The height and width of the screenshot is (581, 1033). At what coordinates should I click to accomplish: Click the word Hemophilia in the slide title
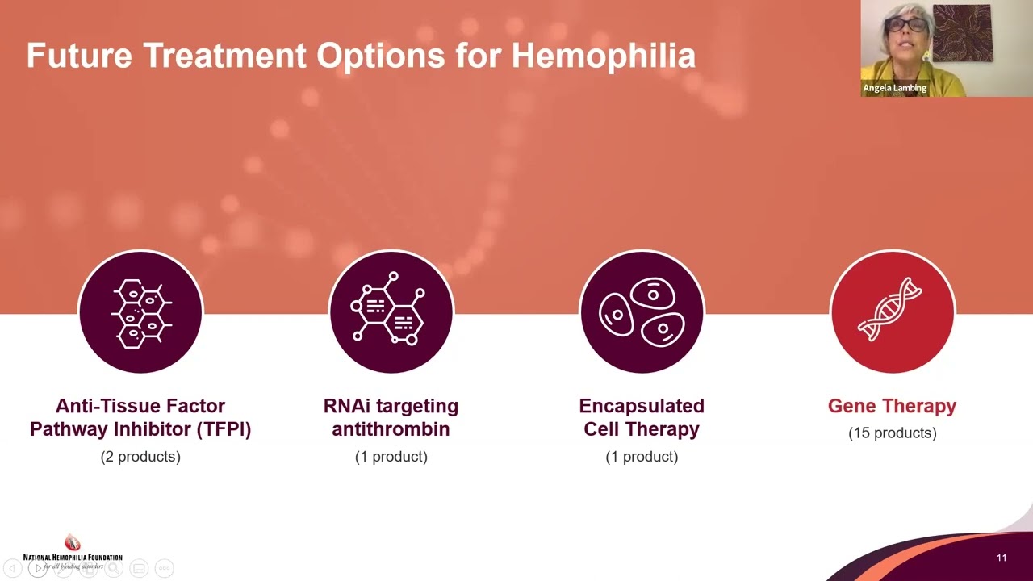pyautogui.click(x=603, y=56)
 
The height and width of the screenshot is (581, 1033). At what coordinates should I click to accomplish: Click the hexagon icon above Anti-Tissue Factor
pyautogui.click(x=140, y=312)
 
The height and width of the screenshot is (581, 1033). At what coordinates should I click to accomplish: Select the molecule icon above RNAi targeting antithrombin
pyautogui.click(x=391, y=312)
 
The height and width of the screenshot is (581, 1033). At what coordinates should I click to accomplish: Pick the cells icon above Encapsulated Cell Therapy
pyautogui.click(x=642, y=312)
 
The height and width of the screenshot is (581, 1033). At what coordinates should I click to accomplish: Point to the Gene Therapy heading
pyautogui.click(x=892, y=406)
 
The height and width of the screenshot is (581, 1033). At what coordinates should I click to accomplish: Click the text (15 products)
pyautogui.click(x=892, y=433)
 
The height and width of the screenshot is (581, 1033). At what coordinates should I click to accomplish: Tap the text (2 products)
pyautogui.click(x=140, y=457)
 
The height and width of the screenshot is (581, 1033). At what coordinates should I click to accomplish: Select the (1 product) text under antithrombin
pyautogui.click(x=391, y=457)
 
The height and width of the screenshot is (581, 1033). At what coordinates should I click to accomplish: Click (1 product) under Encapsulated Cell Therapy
pyautogui.click(x=642, y=457)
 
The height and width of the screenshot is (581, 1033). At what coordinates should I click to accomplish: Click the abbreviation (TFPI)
pyautogui.click(x=224, y=429)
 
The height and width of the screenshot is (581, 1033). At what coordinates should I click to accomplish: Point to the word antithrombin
pyautogui.click(x=391, y=429)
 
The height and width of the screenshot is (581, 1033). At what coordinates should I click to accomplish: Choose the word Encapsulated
pyautogui.click(x=642, y=406)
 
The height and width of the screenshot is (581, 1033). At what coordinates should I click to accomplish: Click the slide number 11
pyautogui.click(x=1002, y=558)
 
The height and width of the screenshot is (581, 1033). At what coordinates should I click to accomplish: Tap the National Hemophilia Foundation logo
pyautogui.click(x=73, y=553)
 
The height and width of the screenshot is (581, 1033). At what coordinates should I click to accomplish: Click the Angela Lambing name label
pyautogui.click(x=894, y=88)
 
